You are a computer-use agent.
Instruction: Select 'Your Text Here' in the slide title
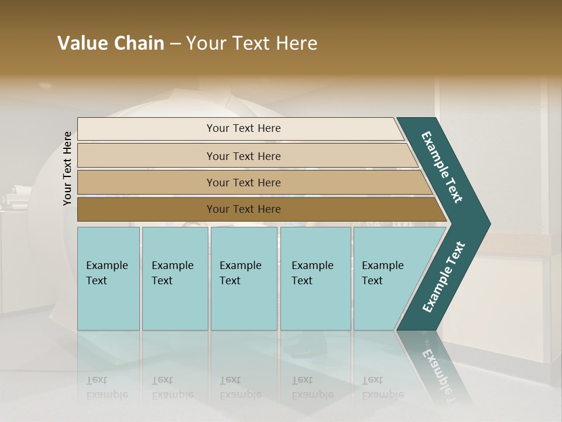point(252,43)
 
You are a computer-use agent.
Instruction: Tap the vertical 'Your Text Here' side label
point(67,169)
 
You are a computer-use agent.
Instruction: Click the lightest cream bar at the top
point(146,129)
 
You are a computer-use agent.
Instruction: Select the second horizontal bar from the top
point(146,156)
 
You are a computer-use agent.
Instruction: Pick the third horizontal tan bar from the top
point(146,182)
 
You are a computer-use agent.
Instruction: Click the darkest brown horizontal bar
point(146,209)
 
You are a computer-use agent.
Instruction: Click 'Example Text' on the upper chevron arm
point(442,167)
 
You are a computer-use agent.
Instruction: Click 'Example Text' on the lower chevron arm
point(444,277)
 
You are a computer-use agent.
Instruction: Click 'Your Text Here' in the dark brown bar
point(244,209)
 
